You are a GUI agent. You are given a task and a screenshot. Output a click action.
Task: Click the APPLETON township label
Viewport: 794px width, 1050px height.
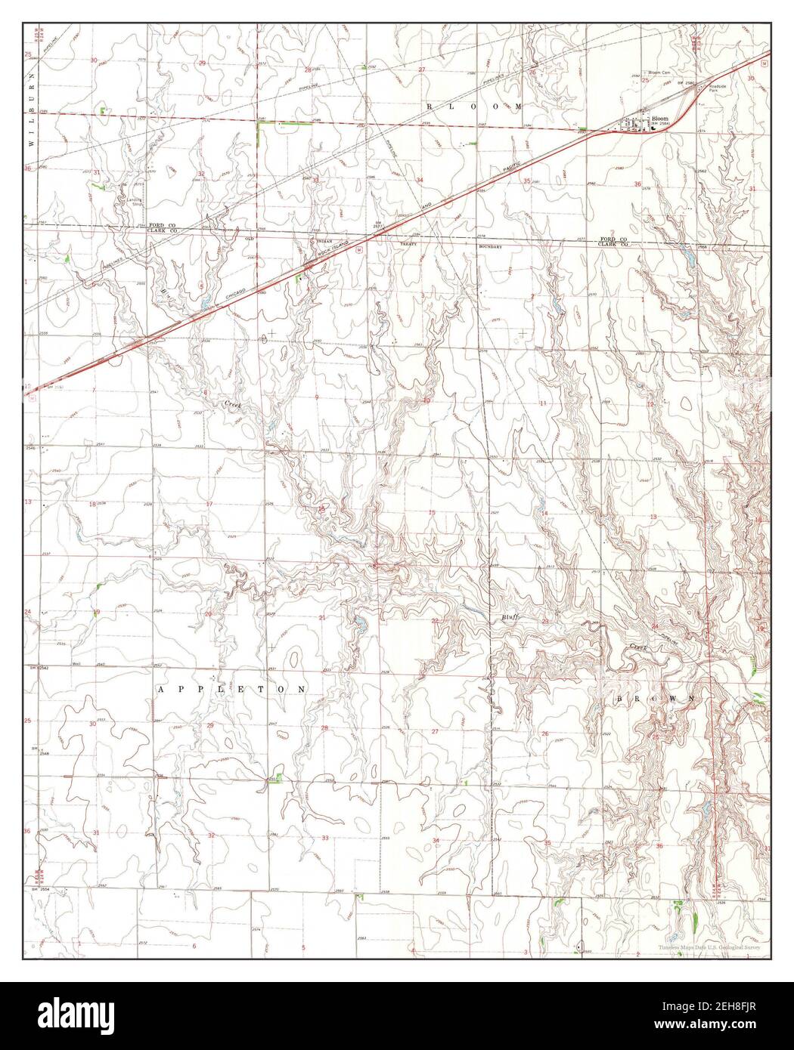[233, 690]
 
